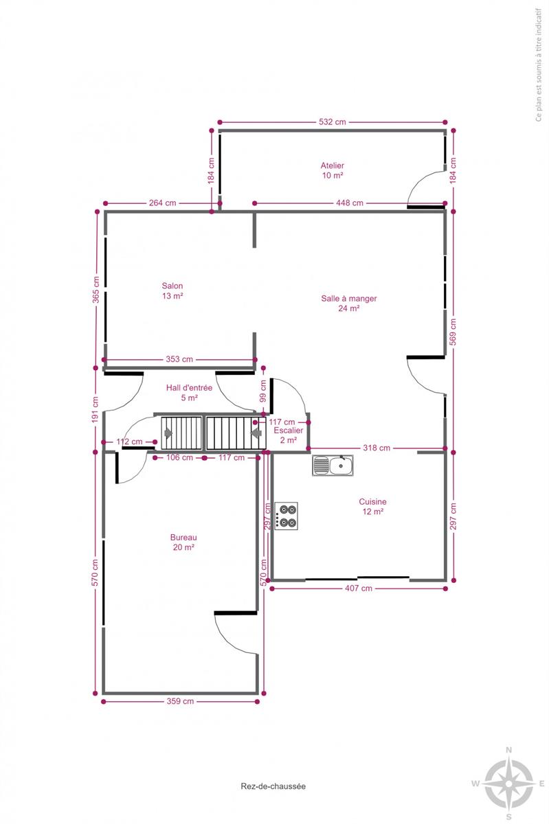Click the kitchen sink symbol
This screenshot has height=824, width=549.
tap(333, 466)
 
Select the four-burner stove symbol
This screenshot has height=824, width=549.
tap(286, 516)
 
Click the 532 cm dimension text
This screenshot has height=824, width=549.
tap(332, 122)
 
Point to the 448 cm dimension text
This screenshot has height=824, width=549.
tap(350, 203)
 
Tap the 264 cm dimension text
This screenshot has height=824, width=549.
tap(162, 203)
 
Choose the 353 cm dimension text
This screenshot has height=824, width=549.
tap(179, 359)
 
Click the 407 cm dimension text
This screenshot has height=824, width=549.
tap(358, 588)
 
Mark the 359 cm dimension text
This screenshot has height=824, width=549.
tap(180, 701)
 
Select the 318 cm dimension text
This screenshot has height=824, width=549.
tap(377, 448)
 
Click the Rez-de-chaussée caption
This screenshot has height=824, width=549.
tap(273, 786)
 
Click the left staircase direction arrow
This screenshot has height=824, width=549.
tap(168, 433)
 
